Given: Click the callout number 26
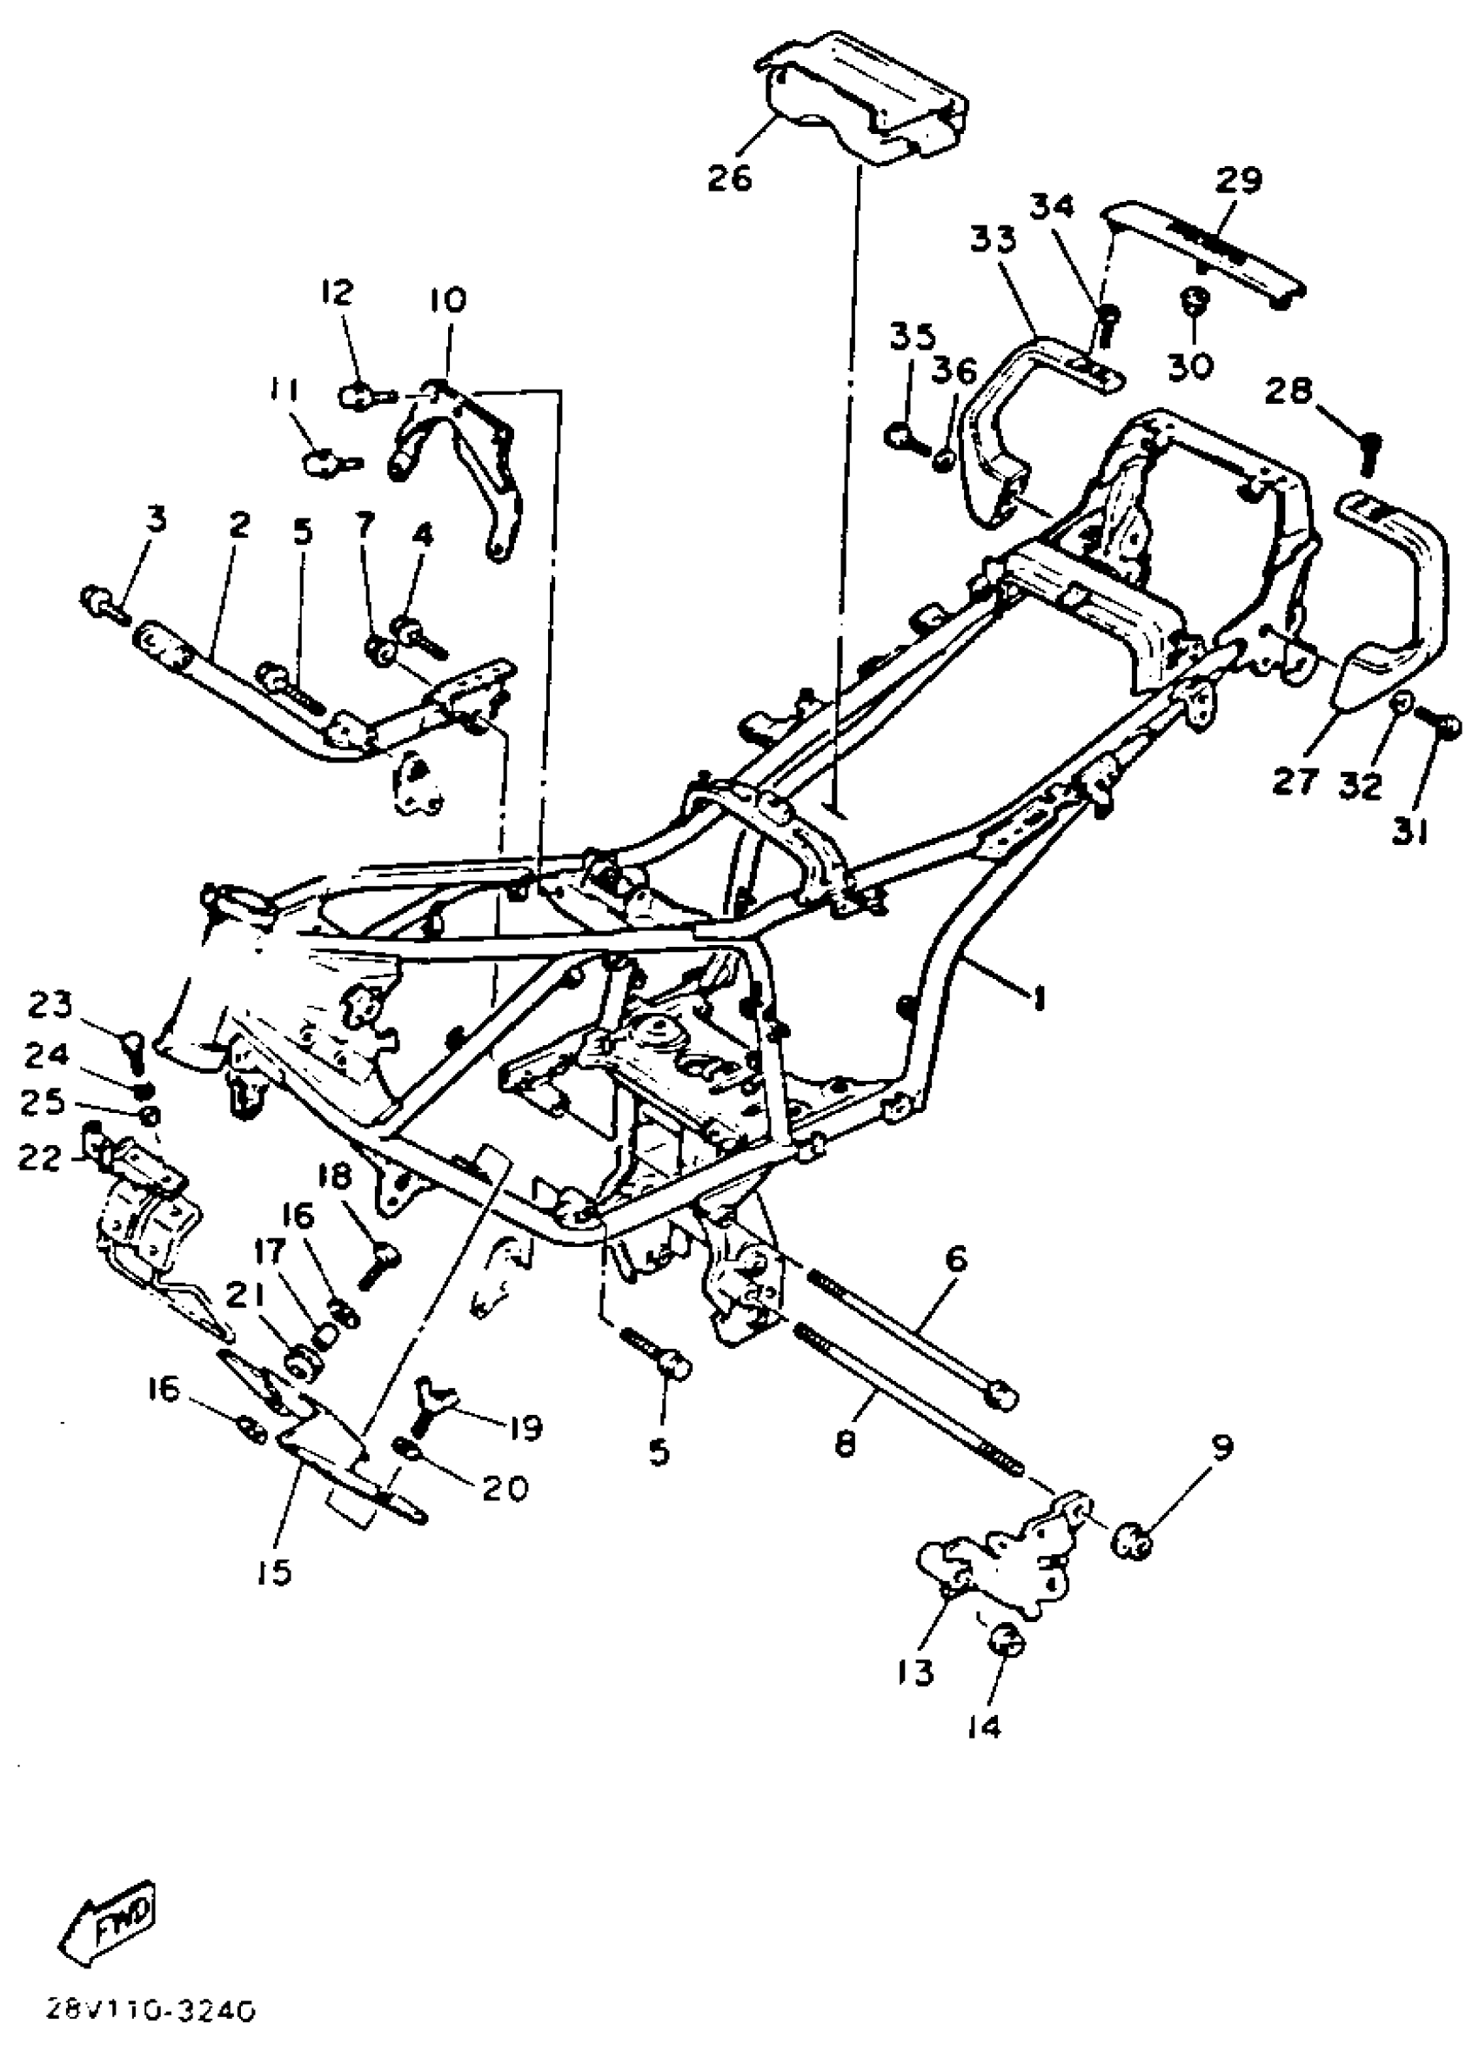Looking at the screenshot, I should pyautogui.click(x=731, y=178).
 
